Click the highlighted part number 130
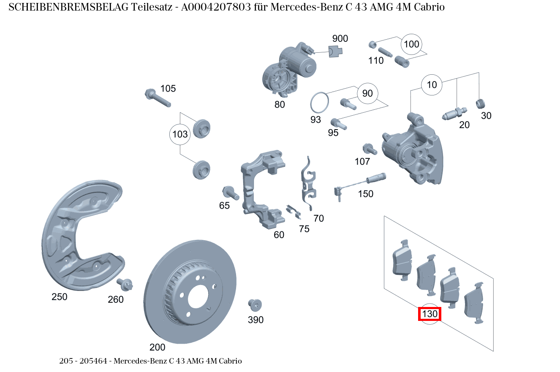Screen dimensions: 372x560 tap(430, 314)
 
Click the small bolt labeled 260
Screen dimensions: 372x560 tap(126, 285)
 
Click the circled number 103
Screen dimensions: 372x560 tap(180, 135)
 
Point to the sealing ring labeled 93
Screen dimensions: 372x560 tap(320, 102)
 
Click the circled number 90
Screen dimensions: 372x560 tap(367, 93)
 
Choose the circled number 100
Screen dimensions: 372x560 tap(411, 44)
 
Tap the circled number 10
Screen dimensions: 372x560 tap(432, 85)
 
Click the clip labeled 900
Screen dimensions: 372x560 tap(335, 51)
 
